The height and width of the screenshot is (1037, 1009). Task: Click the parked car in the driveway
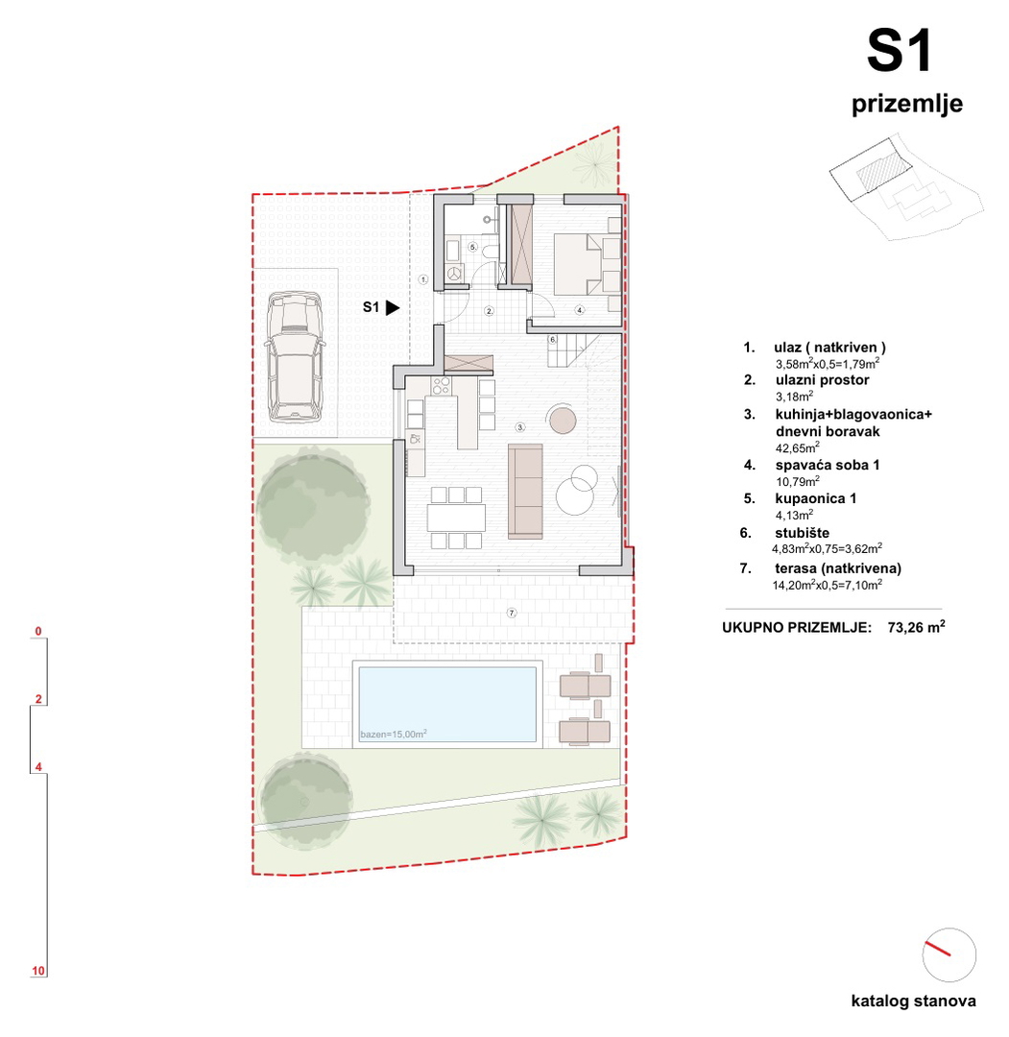pos(294,357)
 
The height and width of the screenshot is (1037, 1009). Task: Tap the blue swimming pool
pos(447,705)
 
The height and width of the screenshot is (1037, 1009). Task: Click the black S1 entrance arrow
pos(393,307)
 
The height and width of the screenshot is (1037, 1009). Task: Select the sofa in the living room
pos(525,491)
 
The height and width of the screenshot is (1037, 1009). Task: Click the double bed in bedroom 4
pos(587,264)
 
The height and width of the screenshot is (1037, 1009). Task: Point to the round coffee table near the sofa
pos(562,420)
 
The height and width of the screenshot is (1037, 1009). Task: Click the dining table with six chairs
pos(456,518)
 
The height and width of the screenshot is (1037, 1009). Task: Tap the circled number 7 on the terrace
pos(511,613)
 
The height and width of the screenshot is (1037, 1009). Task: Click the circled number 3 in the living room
pos(520,427)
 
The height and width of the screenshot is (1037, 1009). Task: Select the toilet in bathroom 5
pos(490,251)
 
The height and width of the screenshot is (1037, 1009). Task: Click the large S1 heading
pos(900,51)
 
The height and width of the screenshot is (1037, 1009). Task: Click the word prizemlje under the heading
pos(906,104)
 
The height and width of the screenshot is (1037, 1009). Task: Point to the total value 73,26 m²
pos(916,627)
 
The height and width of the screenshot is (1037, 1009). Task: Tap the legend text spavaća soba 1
pos(828,465)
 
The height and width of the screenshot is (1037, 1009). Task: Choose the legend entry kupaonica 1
pos(816,498)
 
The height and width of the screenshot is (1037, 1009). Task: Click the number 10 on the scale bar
pos(38,971)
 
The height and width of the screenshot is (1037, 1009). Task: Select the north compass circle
pos(949,954)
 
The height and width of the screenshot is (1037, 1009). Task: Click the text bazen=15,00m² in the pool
pos(394,735)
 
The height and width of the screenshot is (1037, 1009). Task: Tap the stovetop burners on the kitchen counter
pos(441,385)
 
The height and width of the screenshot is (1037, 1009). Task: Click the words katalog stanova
pos(913,1001)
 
